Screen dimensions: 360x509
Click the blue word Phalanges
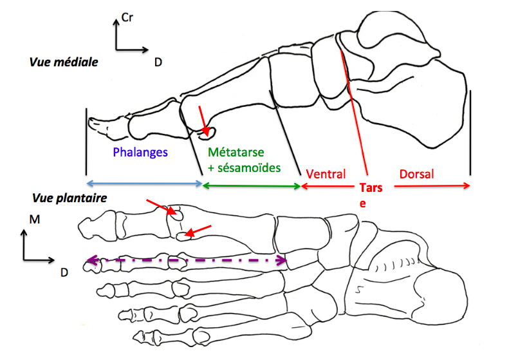tap(140, 153)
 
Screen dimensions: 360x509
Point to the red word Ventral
tap(326, 174)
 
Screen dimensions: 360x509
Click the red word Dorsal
tap(416, 174)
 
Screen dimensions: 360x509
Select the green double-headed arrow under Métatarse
tap(252, 185)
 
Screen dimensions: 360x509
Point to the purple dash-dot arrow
tap(187, 261)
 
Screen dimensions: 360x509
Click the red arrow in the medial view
tap(203, 120)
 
